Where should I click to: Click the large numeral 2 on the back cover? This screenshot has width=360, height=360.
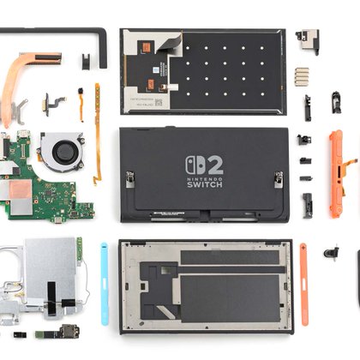pyautogui.click(x=215, y=165)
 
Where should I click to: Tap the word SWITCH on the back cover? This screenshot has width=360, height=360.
pyautogui.click(x=205, y=184)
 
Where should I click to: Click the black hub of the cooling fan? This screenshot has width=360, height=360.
pyautogui.click(x=64, y=152)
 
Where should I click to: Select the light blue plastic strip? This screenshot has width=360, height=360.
pyautogui.click(x=105, y=284)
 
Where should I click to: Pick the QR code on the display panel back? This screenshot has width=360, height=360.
pyautogui.click(x=159, y=102)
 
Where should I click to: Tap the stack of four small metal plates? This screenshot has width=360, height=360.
pyautogui.click(x=302, y=77)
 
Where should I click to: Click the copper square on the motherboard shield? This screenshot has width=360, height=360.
pyautogui.click(x=20, y=189)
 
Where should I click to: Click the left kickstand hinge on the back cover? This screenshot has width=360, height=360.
pyautogui.click(x=130, y=179)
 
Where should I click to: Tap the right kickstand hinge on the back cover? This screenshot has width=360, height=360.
pyautogui.click(x=279, y=179)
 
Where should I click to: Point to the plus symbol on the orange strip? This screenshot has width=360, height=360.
pyautogui.click(x=303, y=246)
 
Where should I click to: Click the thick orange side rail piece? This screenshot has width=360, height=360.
pyautogui.click(x=335, y=174)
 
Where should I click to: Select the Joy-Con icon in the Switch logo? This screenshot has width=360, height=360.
pyautogui.click(x=195, y=165)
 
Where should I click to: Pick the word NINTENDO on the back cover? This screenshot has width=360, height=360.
pyautogui.click(x=205, y=179)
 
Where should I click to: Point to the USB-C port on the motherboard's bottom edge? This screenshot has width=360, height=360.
pyautogui.click(x=59, y=219)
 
